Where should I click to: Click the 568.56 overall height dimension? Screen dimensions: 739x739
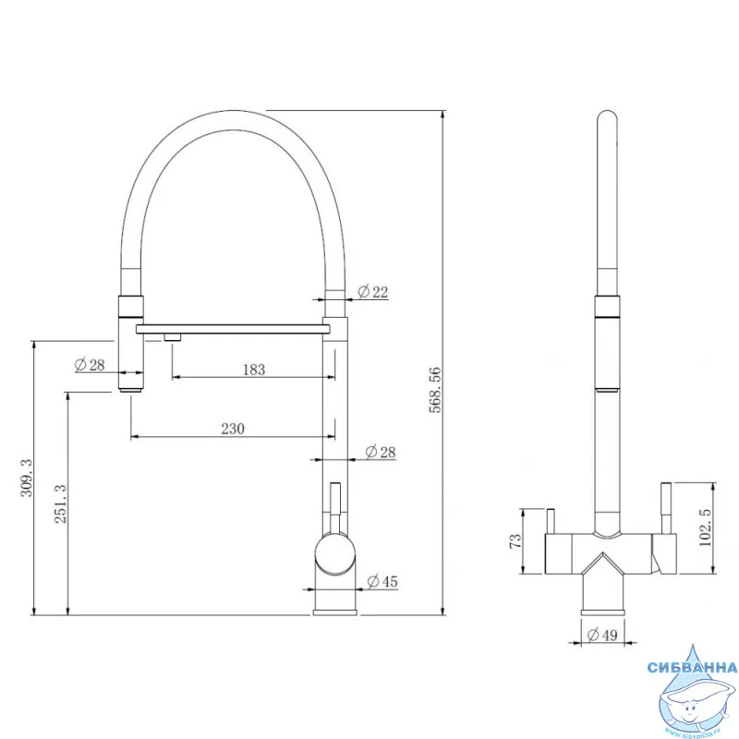click(x=435, y=390)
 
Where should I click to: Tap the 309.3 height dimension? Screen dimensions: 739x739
click(x=27, y=478)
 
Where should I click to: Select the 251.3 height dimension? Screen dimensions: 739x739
click(x=60, y=503)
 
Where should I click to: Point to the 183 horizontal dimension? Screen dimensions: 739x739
click(x=254, y=369)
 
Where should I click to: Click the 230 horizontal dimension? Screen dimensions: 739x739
click(x=233, y=429)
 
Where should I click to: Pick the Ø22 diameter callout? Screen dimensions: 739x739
click(x=373, y=292)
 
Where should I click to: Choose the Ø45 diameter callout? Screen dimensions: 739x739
click(x=382, y=582)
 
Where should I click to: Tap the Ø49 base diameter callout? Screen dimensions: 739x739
click(x=602, y=635)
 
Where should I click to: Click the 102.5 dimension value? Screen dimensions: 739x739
click(x=706, y=527)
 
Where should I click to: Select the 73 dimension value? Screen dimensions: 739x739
click(x=515, y=540)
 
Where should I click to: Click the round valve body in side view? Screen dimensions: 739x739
click(x=334, y=553)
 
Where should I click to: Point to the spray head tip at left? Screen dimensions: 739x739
click(x=130, y=389)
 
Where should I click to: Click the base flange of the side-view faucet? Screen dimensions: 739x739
click(x=334, y=612)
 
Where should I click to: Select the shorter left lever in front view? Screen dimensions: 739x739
click(x=550, y=521)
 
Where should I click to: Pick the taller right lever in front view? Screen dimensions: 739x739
click(x=666, y=508)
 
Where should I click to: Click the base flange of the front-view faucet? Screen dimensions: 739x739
click(x=602, y=612)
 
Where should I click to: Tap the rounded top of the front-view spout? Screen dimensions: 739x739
click(x=607, y=119)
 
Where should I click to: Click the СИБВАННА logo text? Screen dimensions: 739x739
click(x=692, y=667)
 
